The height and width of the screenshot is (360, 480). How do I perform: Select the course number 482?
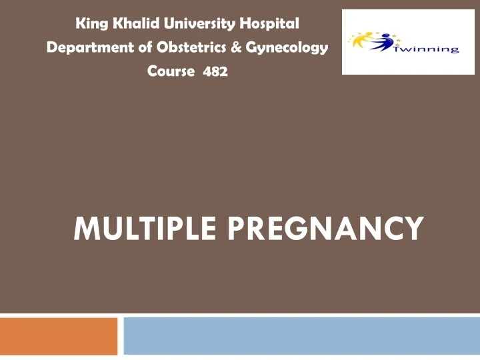215,72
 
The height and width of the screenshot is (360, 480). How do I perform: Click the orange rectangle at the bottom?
59,336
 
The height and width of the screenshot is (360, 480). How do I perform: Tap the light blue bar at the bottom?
301,336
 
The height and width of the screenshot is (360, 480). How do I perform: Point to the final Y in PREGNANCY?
413,228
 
